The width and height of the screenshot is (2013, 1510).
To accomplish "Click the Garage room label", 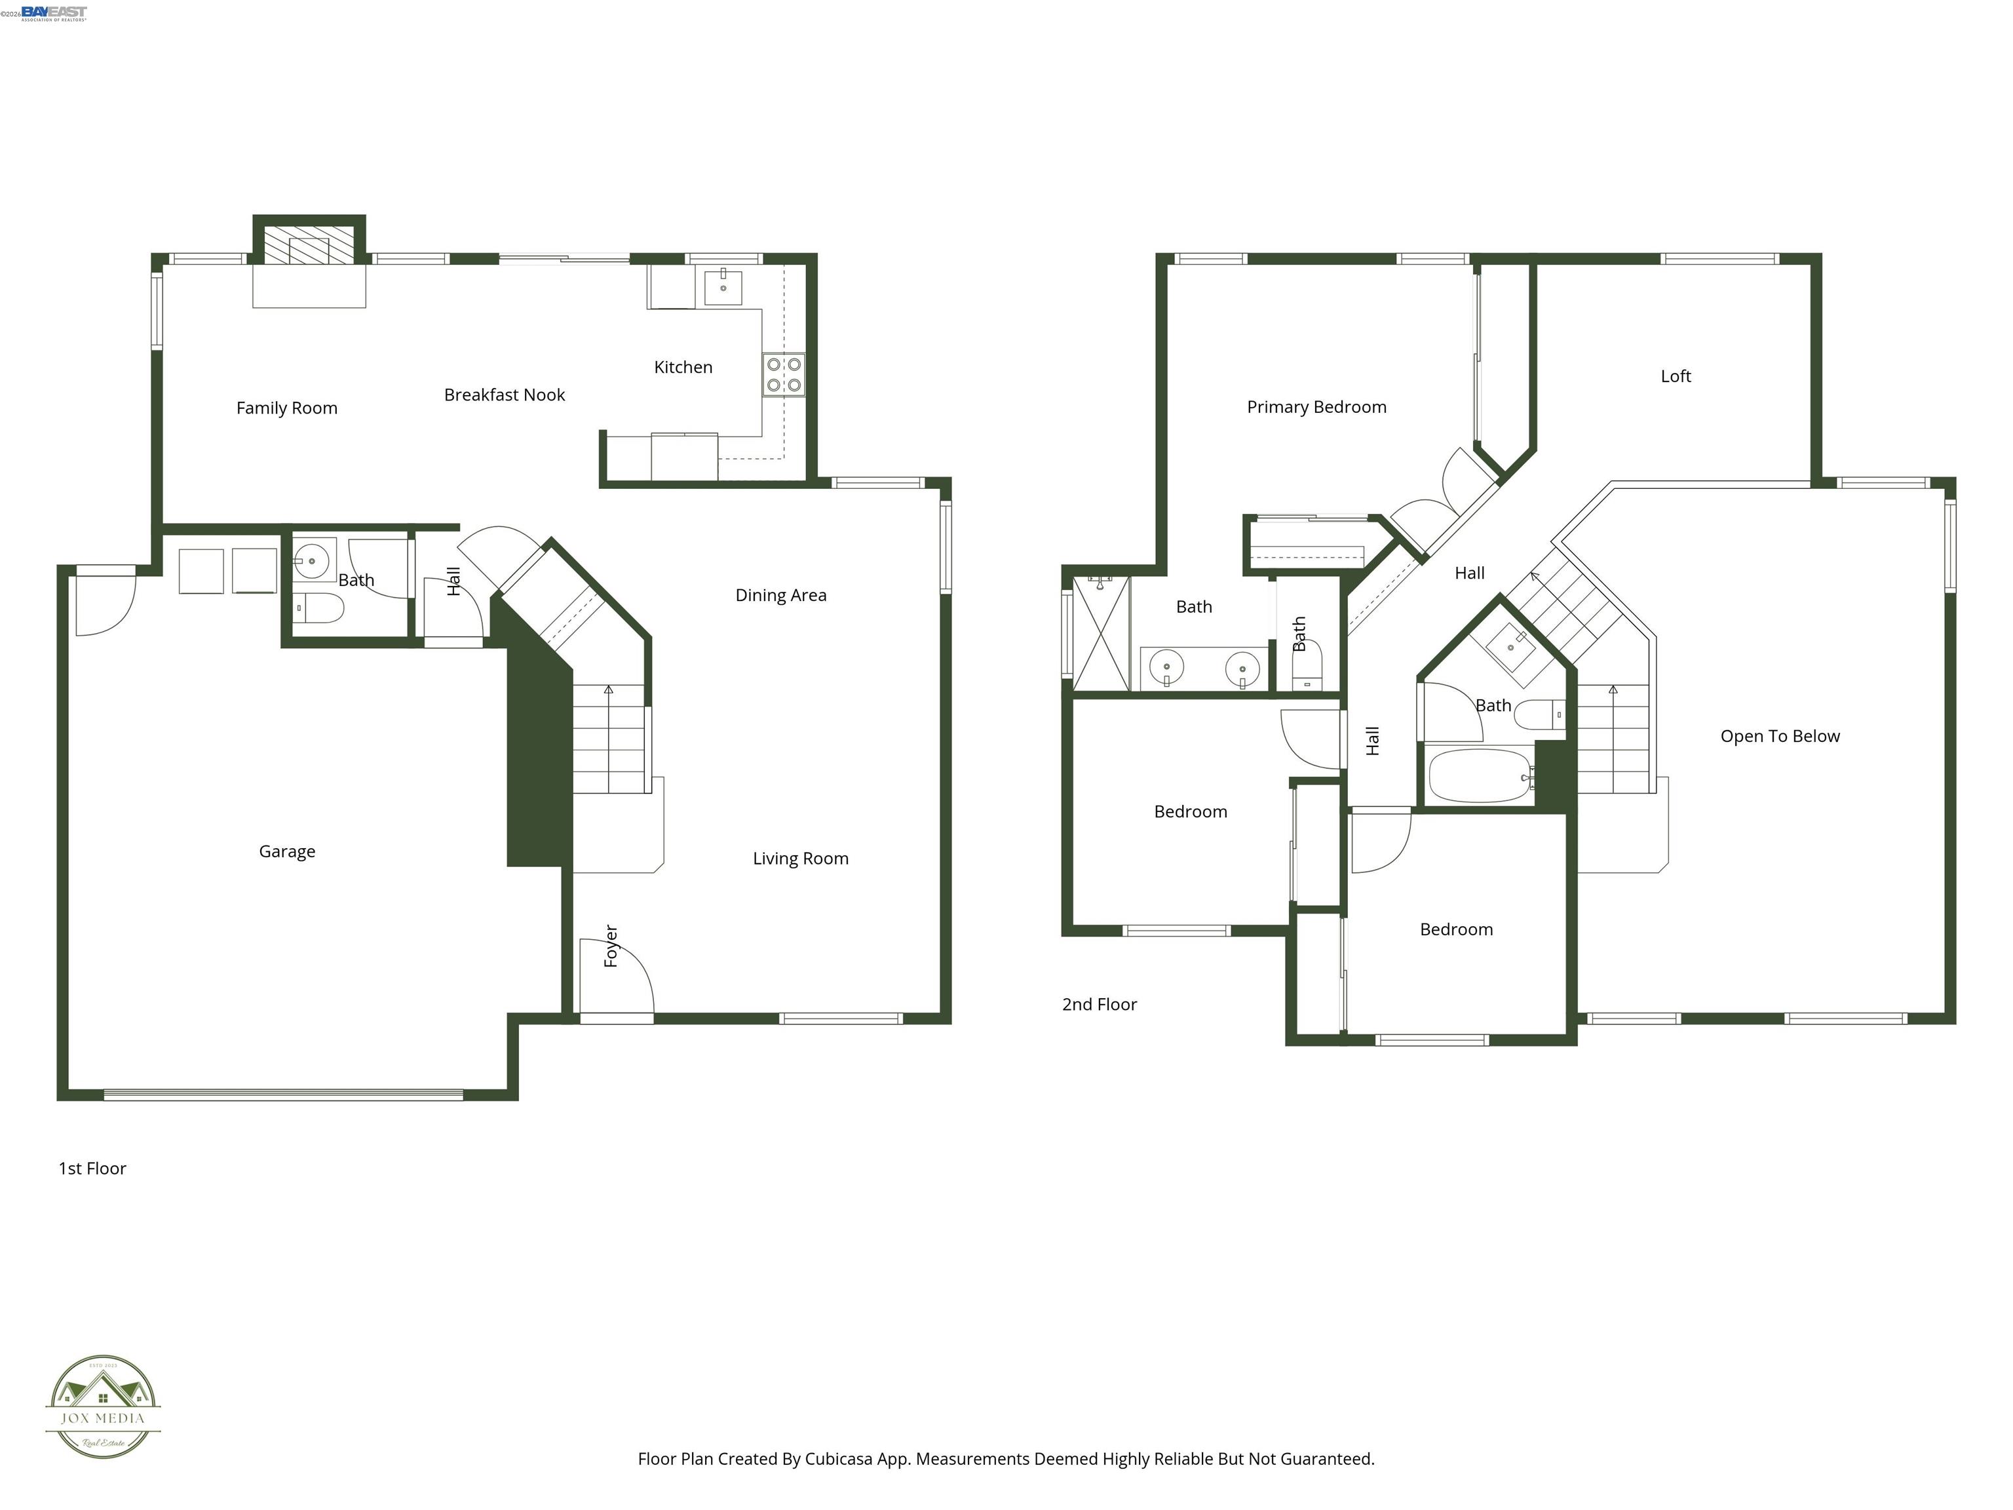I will click(x=286, y=851).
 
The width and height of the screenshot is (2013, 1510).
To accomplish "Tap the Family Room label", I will click(x=286, y=408).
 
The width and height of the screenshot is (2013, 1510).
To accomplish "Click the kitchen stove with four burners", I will click(x=784, y=374).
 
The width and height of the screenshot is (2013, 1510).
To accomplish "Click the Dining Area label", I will click(x=781, y=595).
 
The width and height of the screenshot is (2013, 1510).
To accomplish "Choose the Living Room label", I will click(x=800, y=859).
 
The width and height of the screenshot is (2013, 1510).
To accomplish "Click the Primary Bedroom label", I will click(x=1316, y=407).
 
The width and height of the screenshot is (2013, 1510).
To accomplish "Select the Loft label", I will click(x=1676, y=376).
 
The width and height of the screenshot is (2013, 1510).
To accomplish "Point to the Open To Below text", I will click(x=1779, y=737).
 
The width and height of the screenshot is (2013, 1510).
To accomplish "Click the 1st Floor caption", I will click(x=92, y=1169).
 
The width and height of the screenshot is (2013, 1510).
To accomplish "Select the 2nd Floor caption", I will click(x=1100, y=1005).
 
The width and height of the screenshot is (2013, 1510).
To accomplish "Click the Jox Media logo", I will click(x=103, y=1407).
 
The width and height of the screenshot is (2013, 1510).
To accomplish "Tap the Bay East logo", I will click(x=54, y=12).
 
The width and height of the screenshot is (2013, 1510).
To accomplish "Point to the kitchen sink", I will click(x=723, y=288).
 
